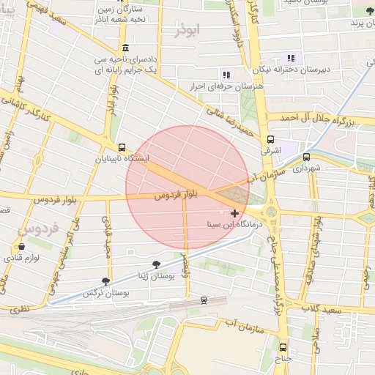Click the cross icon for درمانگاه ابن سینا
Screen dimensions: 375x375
pos(234,213)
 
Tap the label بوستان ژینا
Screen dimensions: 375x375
pos(156,275)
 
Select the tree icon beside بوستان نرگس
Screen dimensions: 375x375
pos(106,281)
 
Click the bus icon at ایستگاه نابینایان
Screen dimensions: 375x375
pos(121,146)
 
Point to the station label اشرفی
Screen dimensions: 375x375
pos(270,151)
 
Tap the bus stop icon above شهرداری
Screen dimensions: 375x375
pos(306,156)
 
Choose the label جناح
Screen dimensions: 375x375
pos(283,359)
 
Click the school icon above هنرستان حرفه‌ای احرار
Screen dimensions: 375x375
pos(225,74)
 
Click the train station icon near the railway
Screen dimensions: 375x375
pos(203,300)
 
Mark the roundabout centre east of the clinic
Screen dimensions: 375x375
pos(272,212)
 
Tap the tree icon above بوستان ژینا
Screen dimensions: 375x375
pos(156,264)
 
